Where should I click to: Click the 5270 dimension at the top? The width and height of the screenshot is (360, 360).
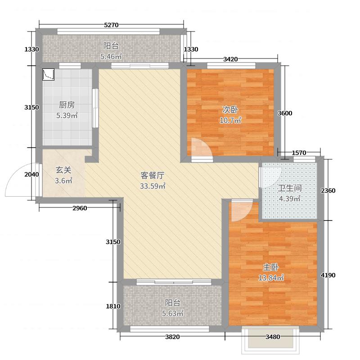[x=111, y=26]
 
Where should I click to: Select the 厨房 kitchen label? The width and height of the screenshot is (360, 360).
[x=67, y=105]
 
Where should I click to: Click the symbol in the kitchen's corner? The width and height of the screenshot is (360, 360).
[x=49, y=74]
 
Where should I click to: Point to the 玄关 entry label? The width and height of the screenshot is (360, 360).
[x=63, y=170]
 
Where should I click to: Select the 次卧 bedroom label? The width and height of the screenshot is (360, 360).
[x=230, y=110]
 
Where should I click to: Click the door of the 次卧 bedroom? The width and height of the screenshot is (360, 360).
[x=198, y=148]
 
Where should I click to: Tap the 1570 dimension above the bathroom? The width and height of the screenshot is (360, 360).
[x=299, y=153]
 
